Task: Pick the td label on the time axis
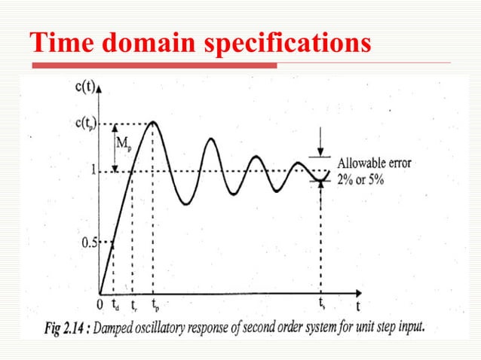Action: (x=115, y=306)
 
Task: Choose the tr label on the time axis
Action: (x=133, y=306)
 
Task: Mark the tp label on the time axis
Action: (x=155, y=306)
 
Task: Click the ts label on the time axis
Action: (x=322, y=305)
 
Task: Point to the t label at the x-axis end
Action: (x=358, y=307)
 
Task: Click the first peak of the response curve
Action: (x=153, y=122)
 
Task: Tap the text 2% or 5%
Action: (x=362, y=179)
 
